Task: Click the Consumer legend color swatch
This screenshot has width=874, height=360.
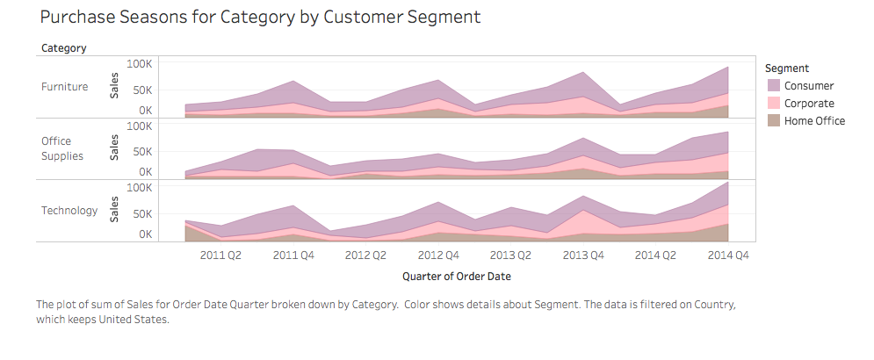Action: (773, 85)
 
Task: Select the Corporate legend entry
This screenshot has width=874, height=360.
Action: (809, 103)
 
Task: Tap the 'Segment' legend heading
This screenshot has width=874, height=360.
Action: (787, 68)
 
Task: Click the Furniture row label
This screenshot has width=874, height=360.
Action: (64, 86)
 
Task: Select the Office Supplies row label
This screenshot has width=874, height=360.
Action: (62, 148)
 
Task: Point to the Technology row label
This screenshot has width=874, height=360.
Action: (69, 211)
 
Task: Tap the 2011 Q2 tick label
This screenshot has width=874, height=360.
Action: (221, 256)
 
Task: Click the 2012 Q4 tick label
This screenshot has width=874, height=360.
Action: (437, 256)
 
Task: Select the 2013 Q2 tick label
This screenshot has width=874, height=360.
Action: (509, 256)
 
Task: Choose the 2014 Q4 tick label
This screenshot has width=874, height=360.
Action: (728, 256)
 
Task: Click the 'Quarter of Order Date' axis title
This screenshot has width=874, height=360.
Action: (457, 276)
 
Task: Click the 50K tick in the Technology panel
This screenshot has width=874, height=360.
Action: (143, 213)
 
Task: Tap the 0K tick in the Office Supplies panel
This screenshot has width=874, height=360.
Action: (145, 172)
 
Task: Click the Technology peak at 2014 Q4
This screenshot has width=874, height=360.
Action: (728, 183)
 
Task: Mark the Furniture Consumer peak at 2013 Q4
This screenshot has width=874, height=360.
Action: (584, 73)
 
